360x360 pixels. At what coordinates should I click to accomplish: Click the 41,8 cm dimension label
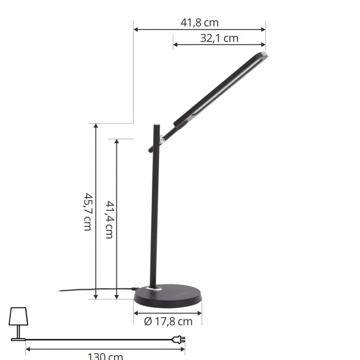pyautogui.click(x=199, y=23)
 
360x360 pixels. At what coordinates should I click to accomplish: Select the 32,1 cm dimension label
pyautogui.click(x=219, y=38)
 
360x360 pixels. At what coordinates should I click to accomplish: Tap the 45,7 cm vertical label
pyautogui.click(x=87, y=212)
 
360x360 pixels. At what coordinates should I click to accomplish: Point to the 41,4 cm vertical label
pyautogui.click(x=109, y=219)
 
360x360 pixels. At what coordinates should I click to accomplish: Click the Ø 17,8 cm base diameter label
pyautogui.click(x=168, y=321)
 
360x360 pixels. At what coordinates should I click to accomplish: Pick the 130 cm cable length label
pyautogui.click(x=105, y=356)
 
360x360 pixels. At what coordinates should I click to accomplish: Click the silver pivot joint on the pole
pyautogui.click(x=162, y=138)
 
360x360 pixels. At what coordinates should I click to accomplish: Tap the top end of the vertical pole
pyautogui.click(x=156, y=125)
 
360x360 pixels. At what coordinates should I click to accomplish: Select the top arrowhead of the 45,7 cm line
pyautogui.click(x=96, y=126)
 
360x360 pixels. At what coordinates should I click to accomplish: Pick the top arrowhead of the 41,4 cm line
pyautogui.click(x=116, y=141)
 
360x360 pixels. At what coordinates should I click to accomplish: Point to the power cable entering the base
pyautogui.click(x=133, y=289)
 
